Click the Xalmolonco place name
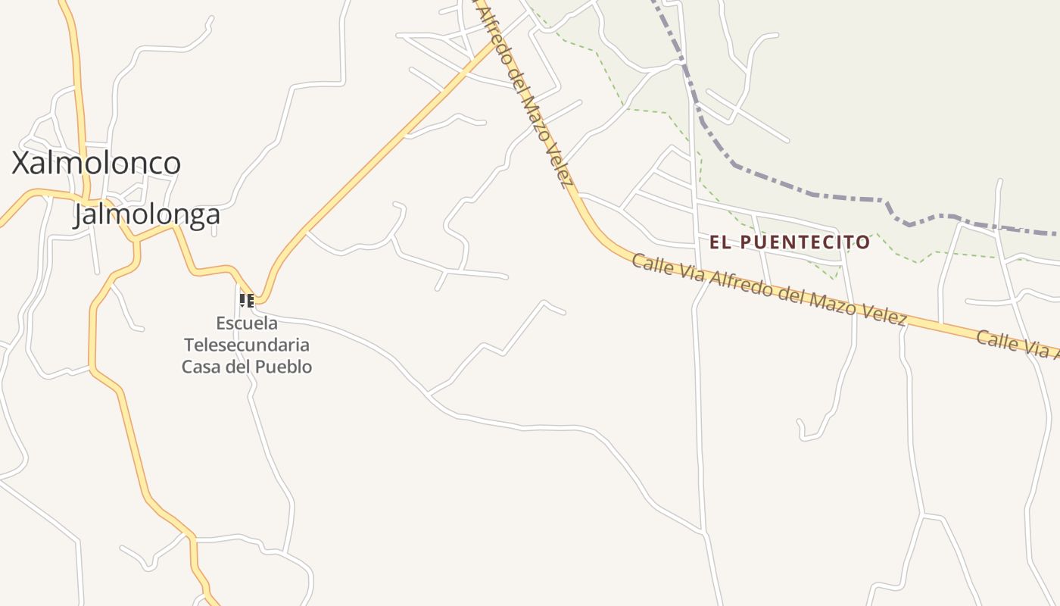(96, 164)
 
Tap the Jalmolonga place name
(147, 214)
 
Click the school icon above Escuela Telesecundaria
(247, 301)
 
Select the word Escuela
(247, 323)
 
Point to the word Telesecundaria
(247, 345)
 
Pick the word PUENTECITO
(805, 242)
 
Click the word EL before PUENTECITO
(720, 242)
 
